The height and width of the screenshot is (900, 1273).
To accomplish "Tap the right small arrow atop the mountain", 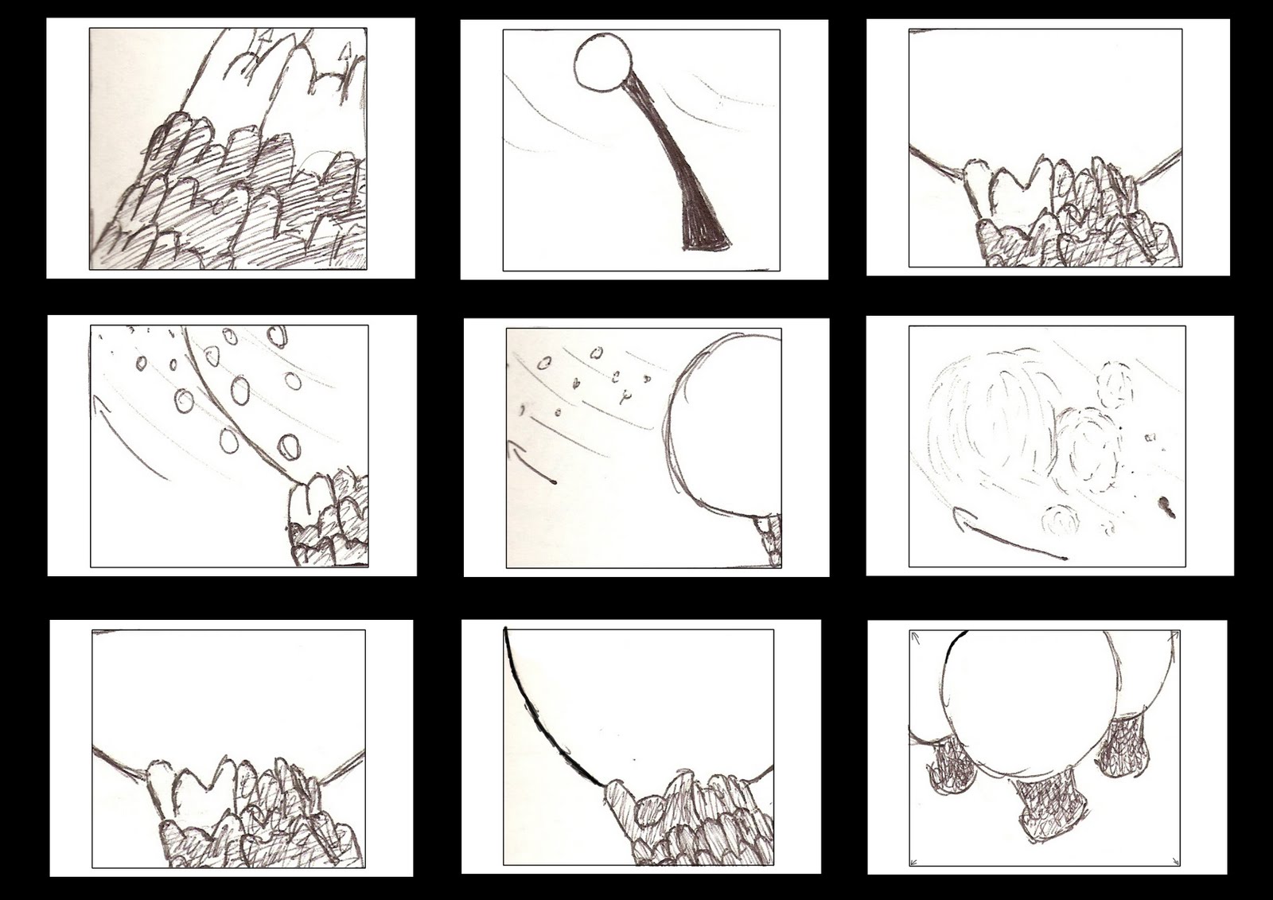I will tap(345, 54).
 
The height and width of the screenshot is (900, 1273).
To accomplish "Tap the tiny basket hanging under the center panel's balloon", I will tap(769, 538).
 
